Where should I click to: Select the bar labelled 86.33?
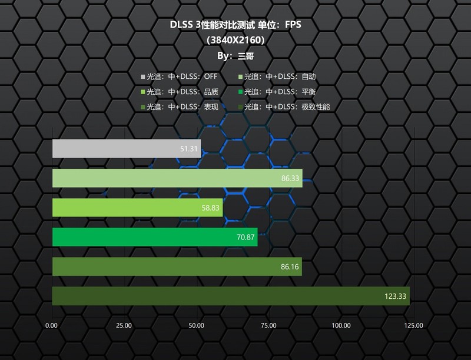click(177, 178)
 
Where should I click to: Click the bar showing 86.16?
click(177, 266)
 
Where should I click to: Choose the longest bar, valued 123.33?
click(230, 296)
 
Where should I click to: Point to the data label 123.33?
click(395, 296)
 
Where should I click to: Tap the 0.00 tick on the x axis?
click(52, 325)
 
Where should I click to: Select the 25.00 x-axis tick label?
click(124, 325)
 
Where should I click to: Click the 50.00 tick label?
click(197, 325)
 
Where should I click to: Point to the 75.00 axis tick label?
click(269, 325)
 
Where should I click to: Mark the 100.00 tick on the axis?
click(341, 325)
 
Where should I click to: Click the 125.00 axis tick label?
click(414, 325)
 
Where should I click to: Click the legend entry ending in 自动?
click(277, 76)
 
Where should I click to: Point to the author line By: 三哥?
click(235, 56)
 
